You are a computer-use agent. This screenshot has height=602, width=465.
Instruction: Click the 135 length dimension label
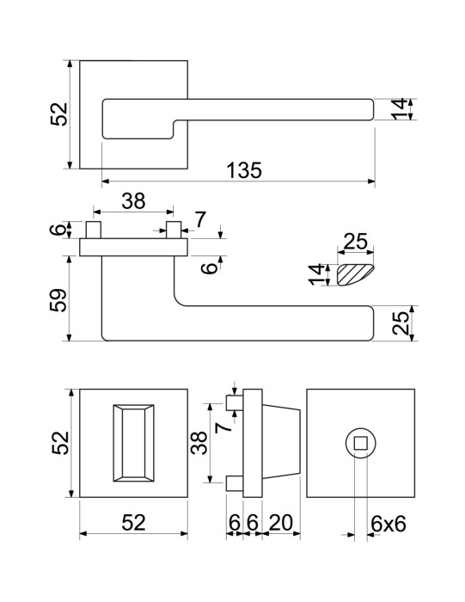(x=243, y=170)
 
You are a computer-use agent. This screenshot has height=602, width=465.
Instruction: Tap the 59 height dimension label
(x=58, y=300)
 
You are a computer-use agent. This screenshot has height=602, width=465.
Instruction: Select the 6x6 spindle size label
(x=389, y=524)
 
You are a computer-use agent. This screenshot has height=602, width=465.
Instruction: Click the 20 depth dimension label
(x=281, y=523)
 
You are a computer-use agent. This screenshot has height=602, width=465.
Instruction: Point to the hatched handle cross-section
(x=354, y=274)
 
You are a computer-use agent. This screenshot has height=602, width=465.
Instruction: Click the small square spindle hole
(x=360, y=444)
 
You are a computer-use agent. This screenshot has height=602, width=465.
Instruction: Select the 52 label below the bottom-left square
(x=133, y=523)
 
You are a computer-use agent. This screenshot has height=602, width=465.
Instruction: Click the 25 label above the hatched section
(x=355, y=242)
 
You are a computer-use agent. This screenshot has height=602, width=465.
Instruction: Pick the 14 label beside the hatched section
(x=317, y=274)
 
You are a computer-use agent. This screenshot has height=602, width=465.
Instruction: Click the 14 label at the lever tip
(x=399, y=109)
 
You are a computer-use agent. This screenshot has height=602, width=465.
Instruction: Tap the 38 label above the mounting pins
(x=133, y=200)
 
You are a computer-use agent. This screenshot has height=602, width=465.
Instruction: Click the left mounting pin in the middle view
(x=94, y=230)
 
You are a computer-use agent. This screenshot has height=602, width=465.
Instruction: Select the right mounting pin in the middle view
(x=174, y=230)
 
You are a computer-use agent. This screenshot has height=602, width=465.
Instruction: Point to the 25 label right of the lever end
(x=401, y=323)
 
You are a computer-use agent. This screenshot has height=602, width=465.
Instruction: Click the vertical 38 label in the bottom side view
(x=199, y=443)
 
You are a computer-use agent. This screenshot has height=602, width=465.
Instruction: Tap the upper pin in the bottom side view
(x=235, y=403)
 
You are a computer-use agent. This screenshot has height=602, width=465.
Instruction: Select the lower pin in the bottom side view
(x=235, y=483)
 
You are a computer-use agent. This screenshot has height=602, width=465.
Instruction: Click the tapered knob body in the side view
(x=281, y=443)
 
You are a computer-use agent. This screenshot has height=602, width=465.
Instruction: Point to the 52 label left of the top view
(x=58, y=114)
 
